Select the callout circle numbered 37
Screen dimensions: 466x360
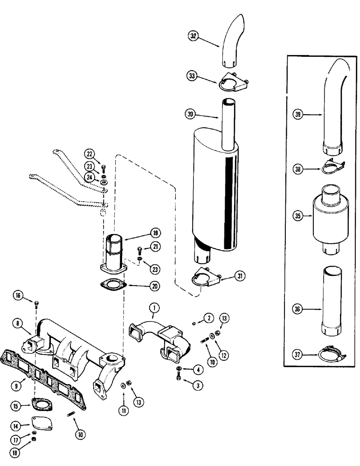click(298, 355)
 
